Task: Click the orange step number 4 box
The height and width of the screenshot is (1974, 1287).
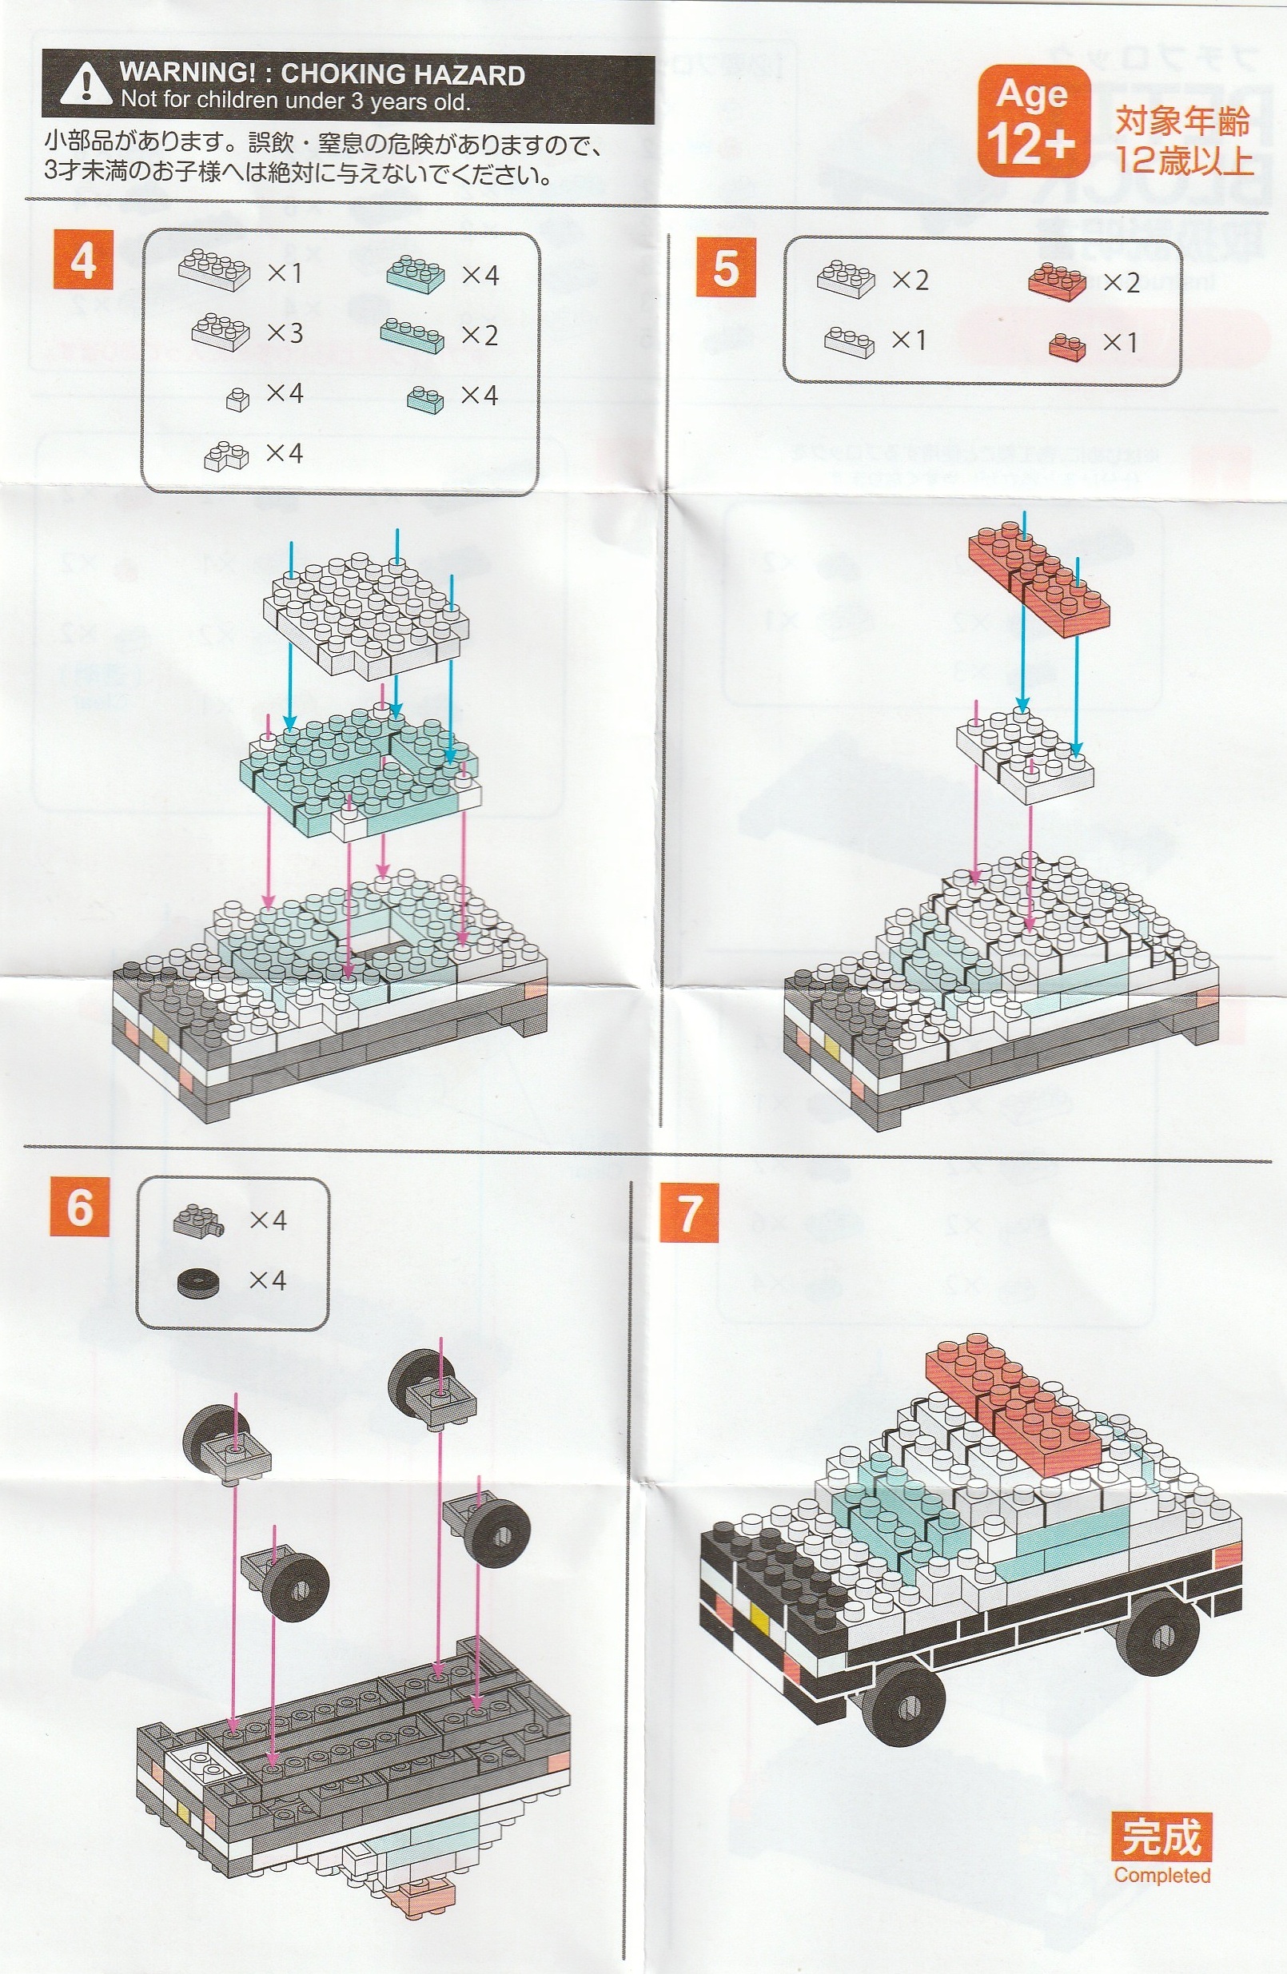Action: [x=83, y=260]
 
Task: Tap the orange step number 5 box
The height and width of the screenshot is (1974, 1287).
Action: [x=725, y=266]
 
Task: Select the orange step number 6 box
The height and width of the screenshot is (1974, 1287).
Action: [x=80, y=1207]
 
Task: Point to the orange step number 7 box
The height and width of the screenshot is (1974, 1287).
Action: [x=690, y=1212]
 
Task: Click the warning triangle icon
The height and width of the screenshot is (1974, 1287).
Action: [x=86, y=86]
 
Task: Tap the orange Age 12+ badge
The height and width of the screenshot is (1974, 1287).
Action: [x=1033, y=122]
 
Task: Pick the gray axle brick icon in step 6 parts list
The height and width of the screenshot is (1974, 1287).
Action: [x=199, y=1221]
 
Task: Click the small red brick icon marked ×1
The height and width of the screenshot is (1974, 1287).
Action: [x=1067, y=345]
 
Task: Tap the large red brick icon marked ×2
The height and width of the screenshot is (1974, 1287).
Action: [x=1057, y=282]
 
